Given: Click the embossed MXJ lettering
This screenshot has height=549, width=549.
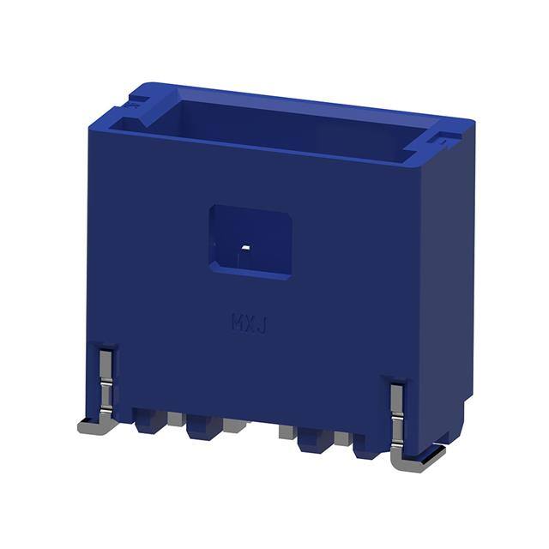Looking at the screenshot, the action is (250, 323).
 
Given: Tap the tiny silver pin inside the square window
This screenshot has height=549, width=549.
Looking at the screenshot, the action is (246, 248).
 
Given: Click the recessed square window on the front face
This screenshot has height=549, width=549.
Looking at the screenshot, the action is (250, 242).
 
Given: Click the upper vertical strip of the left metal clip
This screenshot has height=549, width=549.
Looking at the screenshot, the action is (106, 364).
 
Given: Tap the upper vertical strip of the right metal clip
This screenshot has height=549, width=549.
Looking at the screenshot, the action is (396, 397).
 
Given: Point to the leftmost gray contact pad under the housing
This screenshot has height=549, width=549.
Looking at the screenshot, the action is (175, 419).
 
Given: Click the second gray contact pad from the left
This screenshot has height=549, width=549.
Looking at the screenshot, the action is (234, 425).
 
